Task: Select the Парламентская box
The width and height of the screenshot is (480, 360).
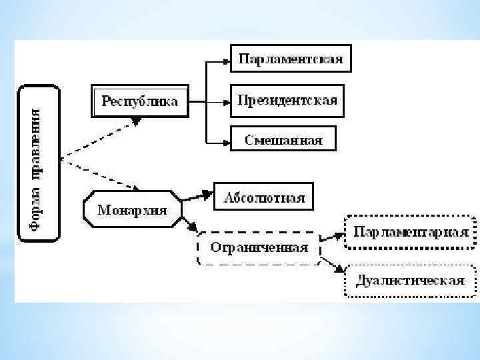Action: (x=291, y=59)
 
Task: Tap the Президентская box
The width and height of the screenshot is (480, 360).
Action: (x=287, y=101)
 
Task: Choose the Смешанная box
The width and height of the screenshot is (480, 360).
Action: (x=283, y=139)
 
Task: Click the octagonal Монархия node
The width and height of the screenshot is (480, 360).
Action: (x=132, y=210)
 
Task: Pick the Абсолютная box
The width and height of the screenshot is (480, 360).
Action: (x=264, y=197)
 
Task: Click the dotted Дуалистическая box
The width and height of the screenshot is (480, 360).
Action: (x=410, y=280)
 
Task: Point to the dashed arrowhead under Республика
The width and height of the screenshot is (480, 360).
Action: (x=136, y=121)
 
